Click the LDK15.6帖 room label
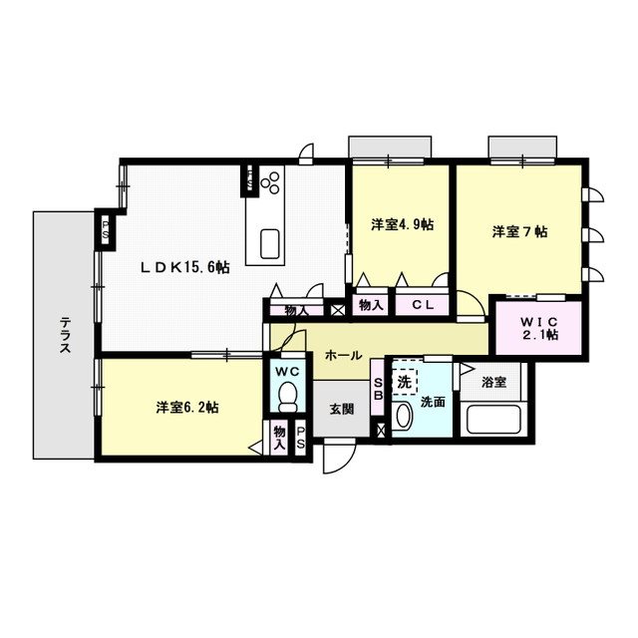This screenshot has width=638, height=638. tap(185, 267)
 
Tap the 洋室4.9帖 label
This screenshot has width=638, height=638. tap(402, 224)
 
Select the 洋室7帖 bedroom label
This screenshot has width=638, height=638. tap(519, 231)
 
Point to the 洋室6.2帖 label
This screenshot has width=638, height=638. tap(187, 407)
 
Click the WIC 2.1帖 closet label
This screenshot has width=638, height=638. tap(539, 328)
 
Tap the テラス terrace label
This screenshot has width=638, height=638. tap(65, 335)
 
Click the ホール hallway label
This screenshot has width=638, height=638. tap(343, 356)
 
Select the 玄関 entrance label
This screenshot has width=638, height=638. tap(341, 409)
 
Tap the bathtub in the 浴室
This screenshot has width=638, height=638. tap(493, 420)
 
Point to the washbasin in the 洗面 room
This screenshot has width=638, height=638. tap(404, 416)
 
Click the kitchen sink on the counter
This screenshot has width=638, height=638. tap(269, 244)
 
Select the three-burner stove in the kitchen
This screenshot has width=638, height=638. tap(270, 182)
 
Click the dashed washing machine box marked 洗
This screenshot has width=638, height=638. tap(405, 382)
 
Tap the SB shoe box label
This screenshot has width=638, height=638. tap(378, 389)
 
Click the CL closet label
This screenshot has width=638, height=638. tap(423, 305)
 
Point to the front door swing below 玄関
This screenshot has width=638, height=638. tap(340, 458)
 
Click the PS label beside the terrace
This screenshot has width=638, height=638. tap(105, 229)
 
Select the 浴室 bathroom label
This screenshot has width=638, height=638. tap(494, 382)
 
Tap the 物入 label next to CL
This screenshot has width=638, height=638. tap(371, 305)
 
